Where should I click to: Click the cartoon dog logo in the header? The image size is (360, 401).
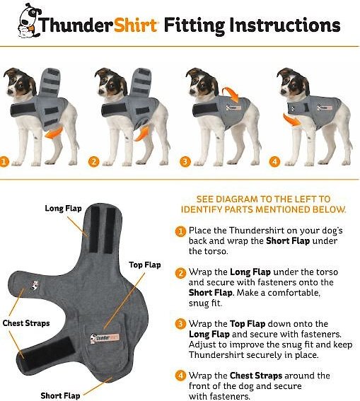point(29,21)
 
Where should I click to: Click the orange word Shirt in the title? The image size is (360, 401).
point(135,25)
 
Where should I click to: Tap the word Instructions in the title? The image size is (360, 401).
point(285,25)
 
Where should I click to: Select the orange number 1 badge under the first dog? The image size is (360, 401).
point(4,162)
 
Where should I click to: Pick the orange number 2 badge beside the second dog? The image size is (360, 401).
point(94,162)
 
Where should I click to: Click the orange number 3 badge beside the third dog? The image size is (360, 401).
point(185,162)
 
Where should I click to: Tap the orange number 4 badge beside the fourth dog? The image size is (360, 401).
point(274,162)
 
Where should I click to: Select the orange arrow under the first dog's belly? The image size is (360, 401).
point(54,133)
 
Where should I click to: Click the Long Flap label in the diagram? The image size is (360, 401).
point(63,208)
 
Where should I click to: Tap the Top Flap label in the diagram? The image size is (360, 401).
point(145,265)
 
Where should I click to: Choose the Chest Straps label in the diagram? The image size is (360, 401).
point(26,323)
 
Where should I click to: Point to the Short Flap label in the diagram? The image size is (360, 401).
point(60,395)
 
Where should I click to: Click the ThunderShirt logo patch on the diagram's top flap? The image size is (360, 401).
point(105,338)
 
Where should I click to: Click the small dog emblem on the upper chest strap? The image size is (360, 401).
point(35,286)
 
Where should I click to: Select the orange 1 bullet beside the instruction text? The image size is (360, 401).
point(180,232)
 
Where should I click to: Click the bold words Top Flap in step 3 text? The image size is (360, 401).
point(248,324)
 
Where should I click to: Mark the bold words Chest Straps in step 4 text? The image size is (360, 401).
point(256,376)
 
